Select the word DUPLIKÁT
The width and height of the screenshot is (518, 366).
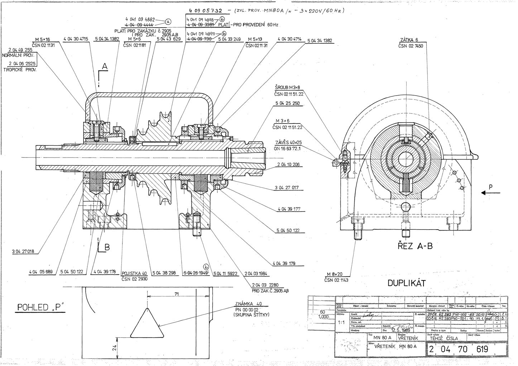click(x=407, y=284)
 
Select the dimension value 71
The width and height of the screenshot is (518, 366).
click(x=177, y=294)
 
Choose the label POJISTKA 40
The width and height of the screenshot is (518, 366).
click(x=134, y=273)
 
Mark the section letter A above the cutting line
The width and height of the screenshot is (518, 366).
click(x=105, y=66)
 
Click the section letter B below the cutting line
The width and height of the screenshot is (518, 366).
click(x=107, y=247)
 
